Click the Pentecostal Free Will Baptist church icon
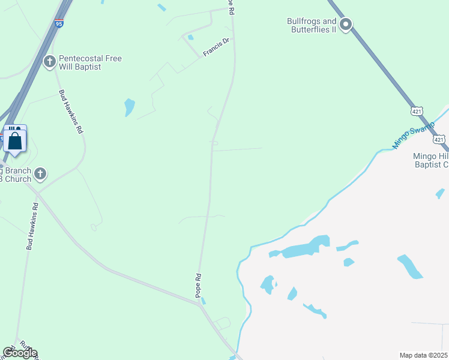pos(50,61)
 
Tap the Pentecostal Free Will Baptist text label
pos(90,62)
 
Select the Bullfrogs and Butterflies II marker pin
pos(345,25)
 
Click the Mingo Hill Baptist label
pos(431,161)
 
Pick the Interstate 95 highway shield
pos(58,23)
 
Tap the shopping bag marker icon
pos(15,140)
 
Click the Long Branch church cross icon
pos(40,174)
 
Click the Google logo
pos(20,353)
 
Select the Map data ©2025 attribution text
pos(423,355)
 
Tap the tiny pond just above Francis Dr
pos(190,37)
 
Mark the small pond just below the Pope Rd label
pos(203,301)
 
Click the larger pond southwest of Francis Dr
pos(129,107)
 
